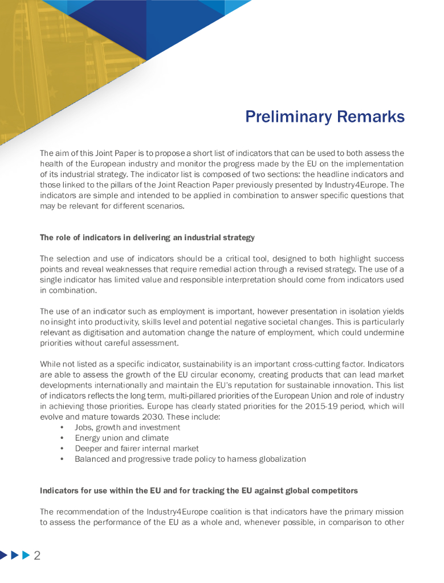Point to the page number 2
[37, 556]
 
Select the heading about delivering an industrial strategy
[147, 237]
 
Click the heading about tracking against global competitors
[199, 491]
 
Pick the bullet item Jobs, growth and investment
[128, 427]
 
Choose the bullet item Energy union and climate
[121, 438]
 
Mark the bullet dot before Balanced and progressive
[62, 459]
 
